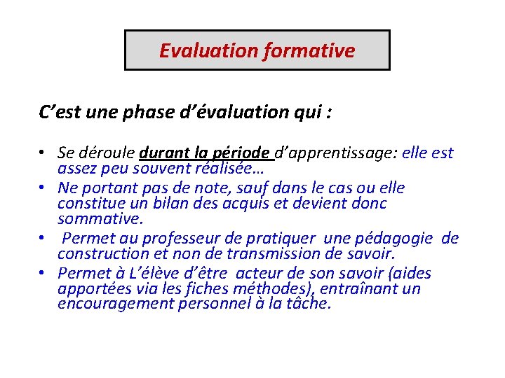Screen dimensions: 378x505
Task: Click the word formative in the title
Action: point(309,51)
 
